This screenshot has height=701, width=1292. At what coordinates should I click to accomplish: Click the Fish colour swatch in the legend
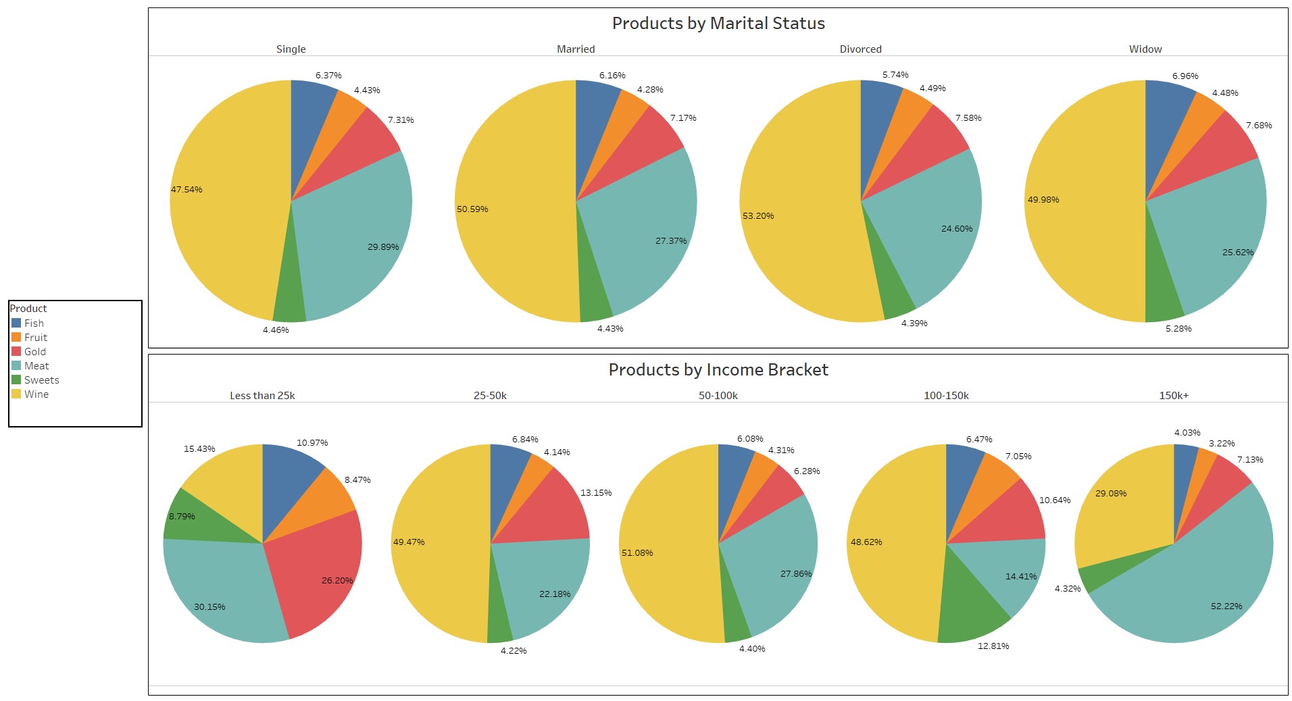click(16, 323)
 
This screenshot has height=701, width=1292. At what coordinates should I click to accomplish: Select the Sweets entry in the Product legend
click(41, 380)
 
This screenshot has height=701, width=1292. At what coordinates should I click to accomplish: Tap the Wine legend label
click(36, 394)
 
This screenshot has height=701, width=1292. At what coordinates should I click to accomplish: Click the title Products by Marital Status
click(718, 24)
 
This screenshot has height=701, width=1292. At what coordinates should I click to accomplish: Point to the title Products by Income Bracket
click(718, 370)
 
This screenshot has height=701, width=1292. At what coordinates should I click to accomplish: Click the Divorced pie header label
click(860, 49)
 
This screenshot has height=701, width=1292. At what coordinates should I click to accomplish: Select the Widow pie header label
click(1145, 49)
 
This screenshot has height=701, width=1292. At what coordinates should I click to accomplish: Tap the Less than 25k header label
click(262, 396)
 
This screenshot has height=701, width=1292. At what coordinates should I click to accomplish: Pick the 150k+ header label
click(1174, 396)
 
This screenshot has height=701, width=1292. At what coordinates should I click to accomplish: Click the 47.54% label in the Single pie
click(187, 190)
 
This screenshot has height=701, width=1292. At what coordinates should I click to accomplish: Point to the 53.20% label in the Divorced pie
click(758, 216)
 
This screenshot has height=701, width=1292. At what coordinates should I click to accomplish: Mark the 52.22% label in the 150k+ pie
click(1226, 606)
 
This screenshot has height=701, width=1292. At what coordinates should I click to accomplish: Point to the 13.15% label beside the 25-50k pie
click(596, 493)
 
